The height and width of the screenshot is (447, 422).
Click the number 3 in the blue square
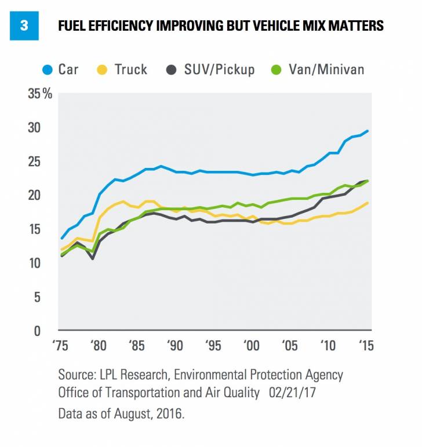click(24, 26)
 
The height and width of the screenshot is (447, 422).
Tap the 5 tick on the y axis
click(39, 297)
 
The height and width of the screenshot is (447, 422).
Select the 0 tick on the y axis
click(39, 331)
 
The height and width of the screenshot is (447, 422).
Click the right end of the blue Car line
click(367, 131)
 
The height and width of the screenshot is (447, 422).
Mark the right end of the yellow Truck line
click(367, 203)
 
